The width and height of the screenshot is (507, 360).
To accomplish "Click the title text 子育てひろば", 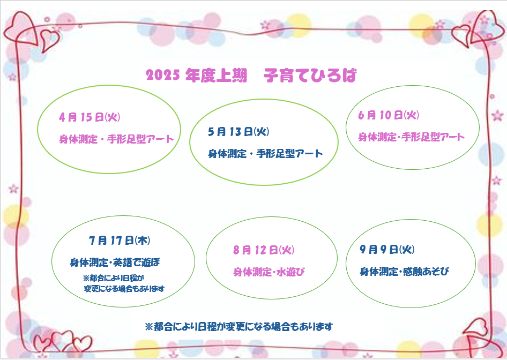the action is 310,76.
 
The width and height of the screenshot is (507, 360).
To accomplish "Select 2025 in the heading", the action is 162,76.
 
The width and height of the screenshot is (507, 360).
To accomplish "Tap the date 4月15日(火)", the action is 90,117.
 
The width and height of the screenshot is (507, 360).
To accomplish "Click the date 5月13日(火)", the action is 238,132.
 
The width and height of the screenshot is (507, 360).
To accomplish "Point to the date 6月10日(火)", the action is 389,115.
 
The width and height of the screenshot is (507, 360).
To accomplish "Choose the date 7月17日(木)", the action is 120,241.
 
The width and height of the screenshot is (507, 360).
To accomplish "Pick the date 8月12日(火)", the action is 264,250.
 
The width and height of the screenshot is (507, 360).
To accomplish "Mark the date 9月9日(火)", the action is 387,250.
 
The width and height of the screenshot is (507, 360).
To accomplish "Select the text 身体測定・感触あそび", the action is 405,272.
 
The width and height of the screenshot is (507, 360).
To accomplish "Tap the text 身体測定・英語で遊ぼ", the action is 115,262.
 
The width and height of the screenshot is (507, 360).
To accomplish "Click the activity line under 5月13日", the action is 265,154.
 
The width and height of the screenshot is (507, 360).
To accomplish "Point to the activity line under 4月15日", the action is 116,139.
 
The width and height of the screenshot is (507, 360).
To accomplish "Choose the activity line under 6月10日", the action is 411,137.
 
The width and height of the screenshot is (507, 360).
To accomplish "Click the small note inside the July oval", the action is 124,283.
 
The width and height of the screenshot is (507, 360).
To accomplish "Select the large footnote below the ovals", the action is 239,327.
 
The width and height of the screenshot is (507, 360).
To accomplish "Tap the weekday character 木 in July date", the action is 142,241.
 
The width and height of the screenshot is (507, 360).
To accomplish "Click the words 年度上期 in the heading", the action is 216,76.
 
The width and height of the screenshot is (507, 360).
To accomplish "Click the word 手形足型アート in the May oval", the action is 290,154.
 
